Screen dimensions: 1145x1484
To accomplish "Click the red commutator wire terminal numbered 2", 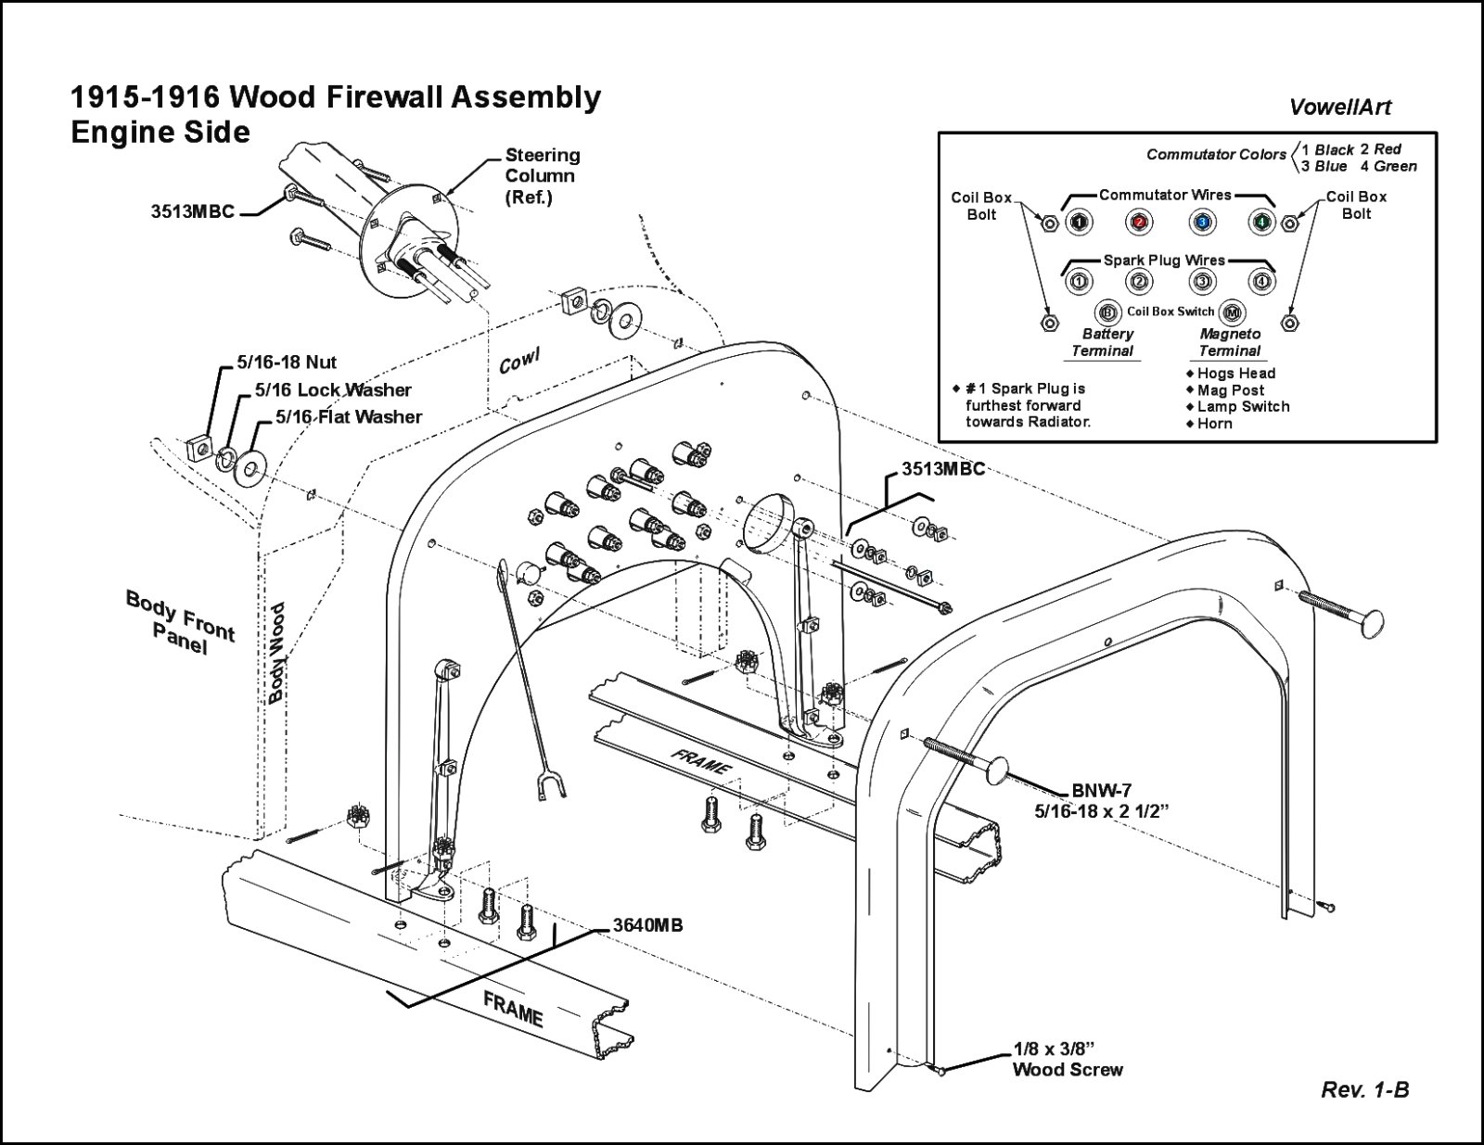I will pos(1139,223).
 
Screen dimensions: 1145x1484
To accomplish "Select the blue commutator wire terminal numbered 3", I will pos(1201,223).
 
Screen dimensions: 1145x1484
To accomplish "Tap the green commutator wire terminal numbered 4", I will pos(1260,223).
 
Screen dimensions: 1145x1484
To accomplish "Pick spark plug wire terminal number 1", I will pos(1079,281).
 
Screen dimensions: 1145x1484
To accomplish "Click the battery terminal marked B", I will pos(1107,312).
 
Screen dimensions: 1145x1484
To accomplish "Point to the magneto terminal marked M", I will pos(1232,312).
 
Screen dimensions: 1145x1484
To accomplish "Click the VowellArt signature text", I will pos(1339,108).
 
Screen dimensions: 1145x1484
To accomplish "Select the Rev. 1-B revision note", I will pos(1364,1090).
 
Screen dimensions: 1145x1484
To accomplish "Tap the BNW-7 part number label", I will pos(1102,791).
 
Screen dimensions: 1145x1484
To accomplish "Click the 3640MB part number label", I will pos(647,925).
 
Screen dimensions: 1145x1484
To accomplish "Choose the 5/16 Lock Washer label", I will pos(333,390).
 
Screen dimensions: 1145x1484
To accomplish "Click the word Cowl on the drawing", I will pos(519,361).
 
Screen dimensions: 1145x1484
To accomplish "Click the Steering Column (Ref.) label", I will pos(542,176).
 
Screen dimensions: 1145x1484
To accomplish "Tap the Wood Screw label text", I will pos(1068,1070).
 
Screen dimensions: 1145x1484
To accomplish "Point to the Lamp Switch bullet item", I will pos(1243,407).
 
